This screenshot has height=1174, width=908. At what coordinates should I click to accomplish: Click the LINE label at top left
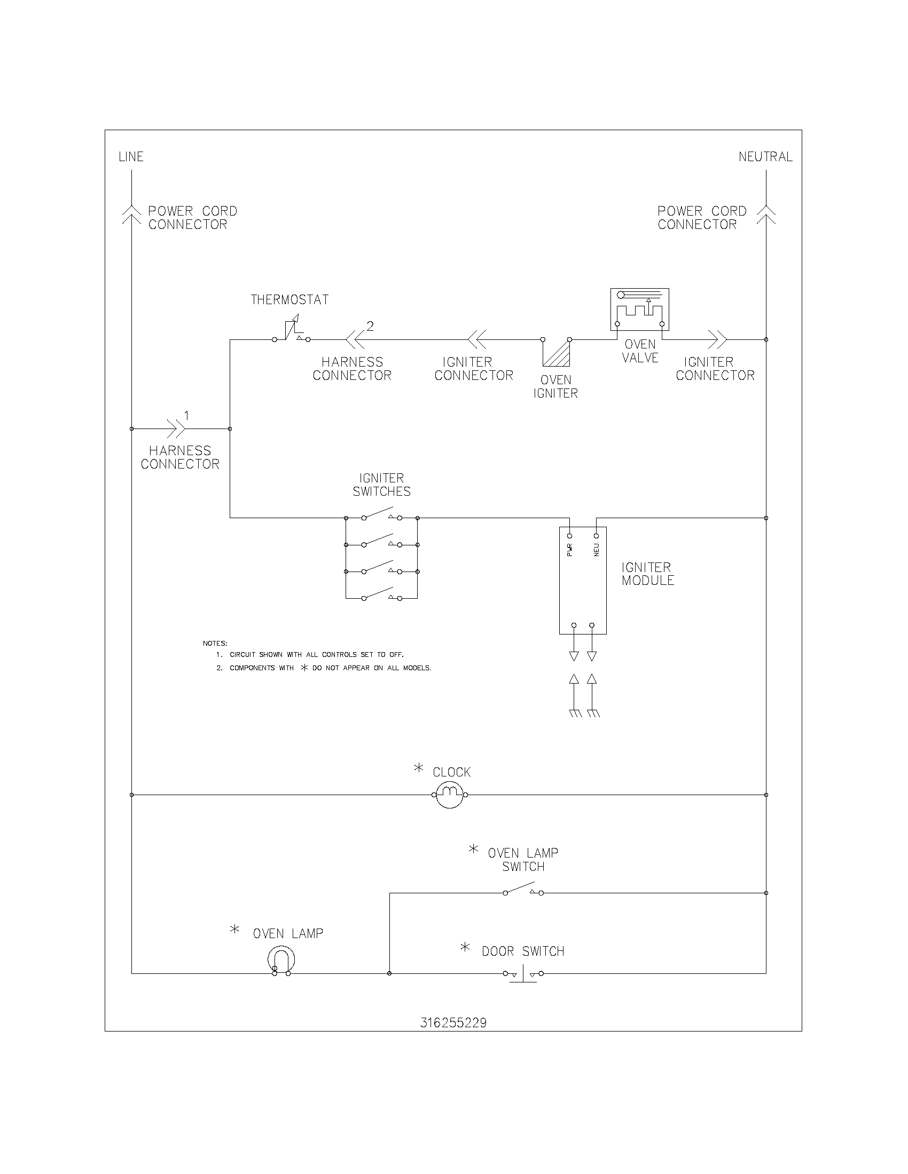pyautogui.click(x=131, y=156)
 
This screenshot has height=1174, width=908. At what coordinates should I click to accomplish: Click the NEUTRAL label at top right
pyautogui.click(x=765, y=156)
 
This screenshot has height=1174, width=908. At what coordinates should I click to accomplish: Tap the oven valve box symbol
pyautogui.click(x=639, y=309)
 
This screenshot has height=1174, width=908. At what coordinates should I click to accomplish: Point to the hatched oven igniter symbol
pyautogui.click(x=556, y=352)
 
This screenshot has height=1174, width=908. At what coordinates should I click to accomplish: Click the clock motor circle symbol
pyautogui.click(x=450, y=795)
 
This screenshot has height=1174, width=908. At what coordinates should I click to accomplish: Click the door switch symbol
pyautogui.click(x=523, y=973)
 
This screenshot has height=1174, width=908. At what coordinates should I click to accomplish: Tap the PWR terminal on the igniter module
pyautogui.click(x=570, y=536)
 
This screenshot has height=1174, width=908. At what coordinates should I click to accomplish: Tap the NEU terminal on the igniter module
pyautogui.click(x=596, y=536)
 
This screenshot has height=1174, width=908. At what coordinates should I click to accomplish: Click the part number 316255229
pyautogui.click(x=453, y=1022)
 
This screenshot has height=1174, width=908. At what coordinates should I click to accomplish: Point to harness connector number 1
pyautogui.click(x=177, y=429)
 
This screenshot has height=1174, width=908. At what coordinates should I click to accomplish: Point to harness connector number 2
pyautogui.click(x=355, y=339)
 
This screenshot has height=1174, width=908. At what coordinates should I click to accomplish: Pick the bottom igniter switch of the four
pyautogui.click(x=381, y=595)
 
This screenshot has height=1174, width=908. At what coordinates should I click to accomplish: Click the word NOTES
pyautogui.click(x=215, y=643)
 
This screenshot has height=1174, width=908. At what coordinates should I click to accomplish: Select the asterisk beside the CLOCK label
pyautogui.click(x=419, y=768)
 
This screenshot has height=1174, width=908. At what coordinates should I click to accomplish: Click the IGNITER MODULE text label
pyautogui.click(x=648, y=574)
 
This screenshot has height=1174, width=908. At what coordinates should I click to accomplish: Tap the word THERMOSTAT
pyautogui.click(x=289, y=299)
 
